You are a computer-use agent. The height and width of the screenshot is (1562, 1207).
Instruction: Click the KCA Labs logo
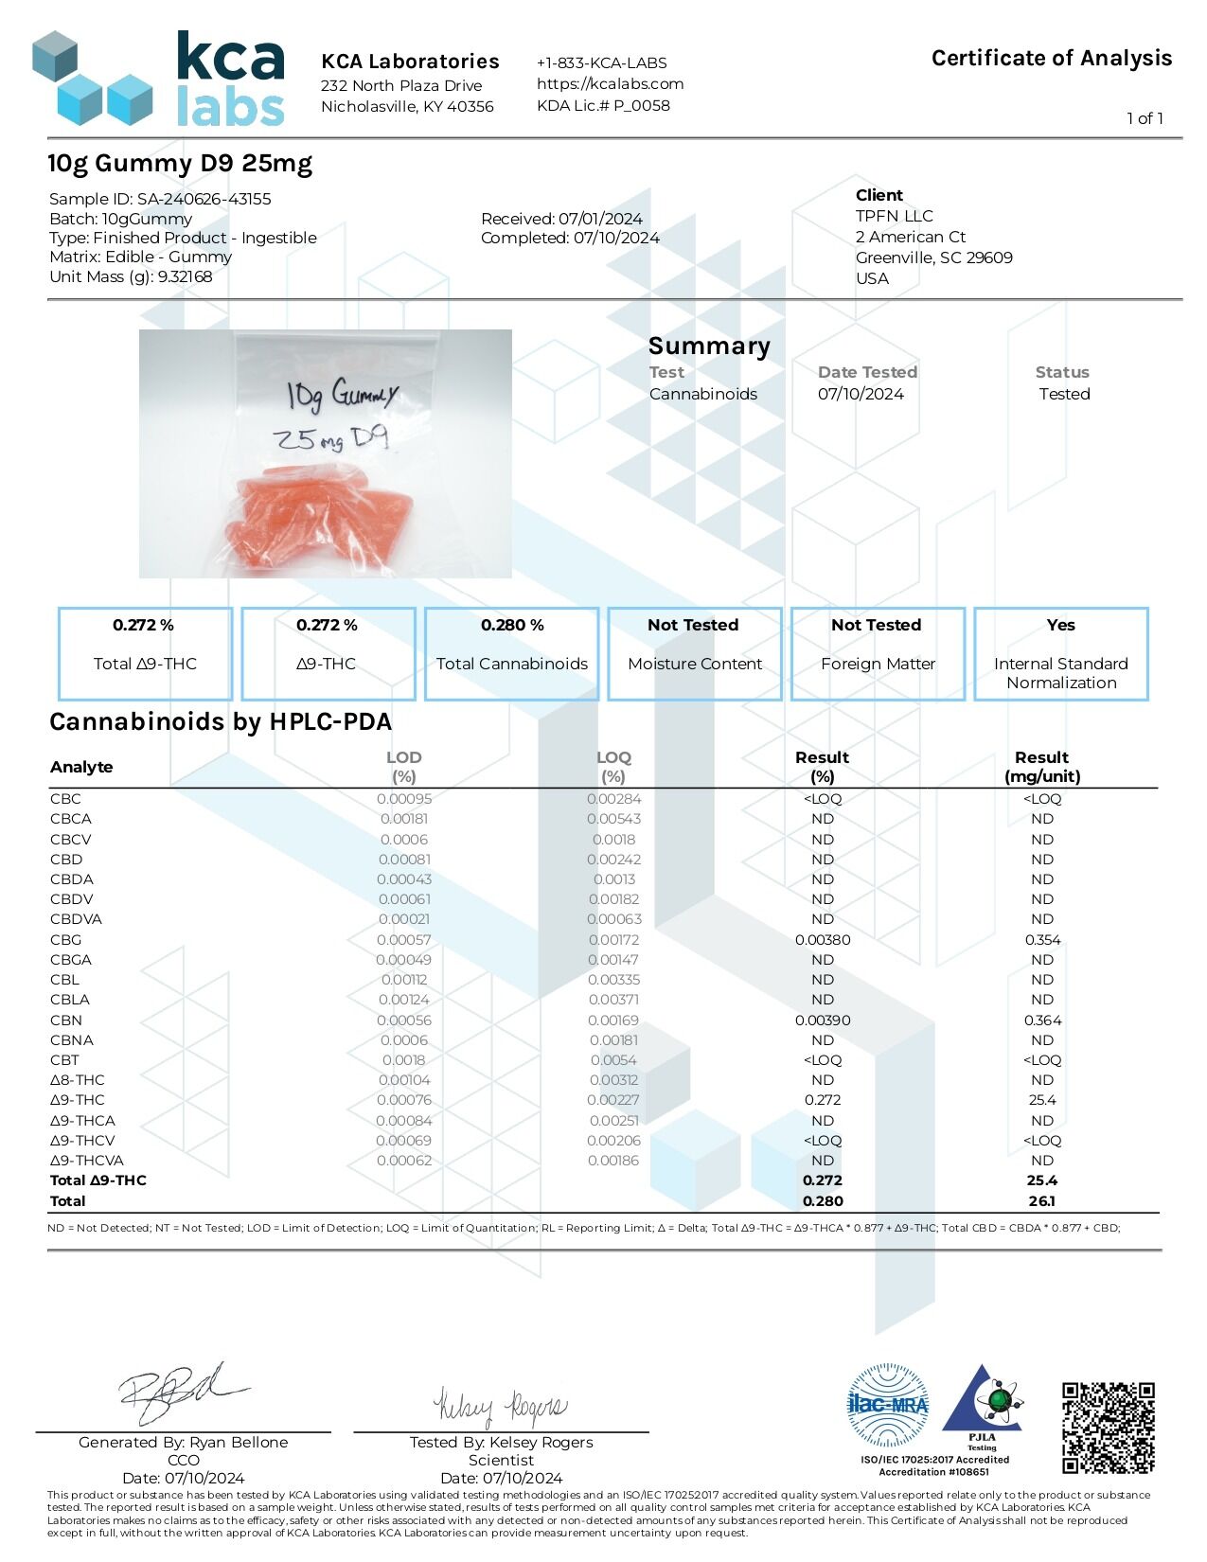pos(158,79)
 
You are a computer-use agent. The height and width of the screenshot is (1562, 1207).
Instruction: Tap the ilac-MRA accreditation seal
pos(887,1404)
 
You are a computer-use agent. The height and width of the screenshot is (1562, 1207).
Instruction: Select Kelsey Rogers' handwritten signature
pos(501,1407)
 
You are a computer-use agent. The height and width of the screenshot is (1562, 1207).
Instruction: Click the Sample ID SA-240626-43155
pos(204,199)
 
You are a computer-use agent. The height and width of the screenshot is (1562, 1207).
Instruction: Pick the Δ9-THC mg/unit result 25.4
pos(1041,1100)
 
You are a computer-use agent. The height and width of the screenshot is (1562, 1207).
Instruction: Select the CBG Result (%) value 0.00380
pos(822,940)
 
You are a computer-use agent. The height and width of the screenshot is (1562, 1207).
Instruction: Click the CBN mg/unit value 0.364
pos(1041,1021)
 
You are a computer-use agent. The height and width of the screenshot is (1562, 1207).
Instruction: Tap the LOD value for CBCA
pos(403,819)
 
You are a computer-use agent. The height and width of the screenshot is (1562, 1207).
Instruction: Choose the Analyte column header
pos(81,767)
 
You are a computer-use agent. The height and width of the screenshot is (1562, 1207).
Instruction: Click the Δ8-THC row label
pos(78,1080)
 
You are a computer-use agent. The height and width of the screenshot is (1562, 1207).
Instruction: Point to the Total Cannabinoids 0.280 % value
pos(511,625)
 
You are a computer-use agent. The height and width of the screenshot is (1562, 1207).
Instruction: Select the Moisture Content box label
pos(694,664)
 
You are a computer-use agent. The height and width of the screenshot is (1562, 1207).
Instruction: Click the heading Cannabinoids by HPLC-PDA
pos(220,722)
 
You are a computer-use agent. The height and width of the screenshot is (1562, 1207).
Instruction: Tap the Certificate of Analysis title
pos(1051,59)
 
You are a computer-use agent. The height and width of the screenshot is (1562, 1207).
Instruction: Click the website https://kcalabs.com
pos(610,83)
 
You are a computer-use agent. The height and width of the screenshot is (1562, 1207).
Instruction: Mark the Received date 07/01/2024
pos(600,219)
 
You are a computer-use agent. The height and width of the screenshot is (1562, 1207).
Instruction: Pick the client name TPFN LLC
pos(894,216)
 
